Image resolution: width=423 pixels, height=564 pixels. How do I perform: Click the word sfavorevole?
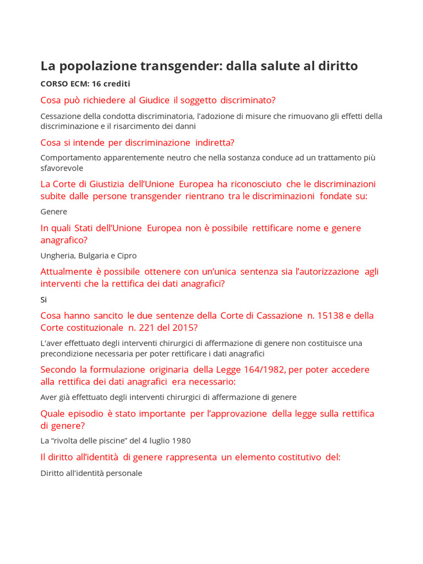pyautogui.click(x=62, y=168)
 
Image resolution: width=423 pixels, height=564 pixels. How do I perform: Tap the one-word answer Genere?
pyautogui.click(x=54, y=211)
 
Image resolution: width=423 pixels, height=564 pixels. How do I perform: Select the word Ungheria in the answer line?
pyautogui.click(x=58, y=256)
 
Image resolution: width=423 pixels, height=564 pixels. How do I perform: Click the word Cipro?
pyautogui.click(x=126, y=256)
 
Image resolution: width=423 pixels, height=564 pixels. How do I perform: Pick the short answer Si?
pyautogui.click(x=44, y=300)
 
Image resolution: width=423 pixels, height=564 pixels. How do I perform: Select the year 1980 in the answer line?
pyautogui.click(x=181, y=441)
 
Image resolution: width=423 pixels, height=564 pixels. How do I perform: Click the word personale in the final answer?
pyautogui.click(x=125, y=473)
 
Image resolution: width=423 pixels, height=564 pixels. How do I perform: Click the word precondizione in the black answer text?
pyautogui.click(x=67, y=353)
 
